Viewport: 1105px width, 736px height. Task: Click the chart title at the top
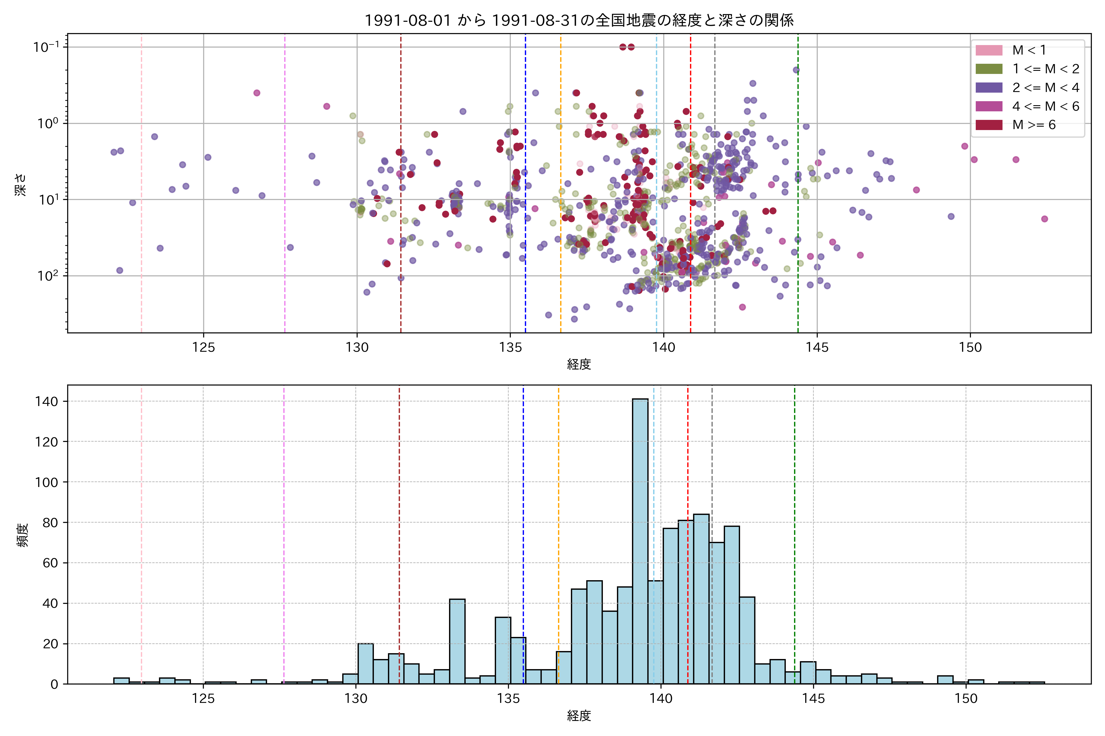[579, 20]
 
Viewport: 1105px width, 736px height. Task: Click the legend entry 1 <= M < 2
[1045, 69]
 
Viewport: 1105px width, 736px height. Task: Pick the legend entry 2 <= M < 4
[1045, 88]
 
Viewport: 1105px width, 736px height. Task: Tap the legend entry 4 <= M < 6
[1045, 106]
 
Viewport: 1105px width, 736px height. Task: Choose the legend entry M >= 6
[1033, 125]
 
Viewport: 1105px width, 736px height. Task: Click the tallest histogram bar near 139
[640, 540]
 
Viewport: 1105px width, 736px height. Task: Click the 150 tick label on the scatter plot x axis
[970, 348]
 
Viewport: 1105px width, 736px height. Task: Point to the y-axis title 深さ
[21, 185]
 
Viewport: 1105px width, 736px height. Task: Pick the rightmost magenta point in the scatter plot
[1045, 219]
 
